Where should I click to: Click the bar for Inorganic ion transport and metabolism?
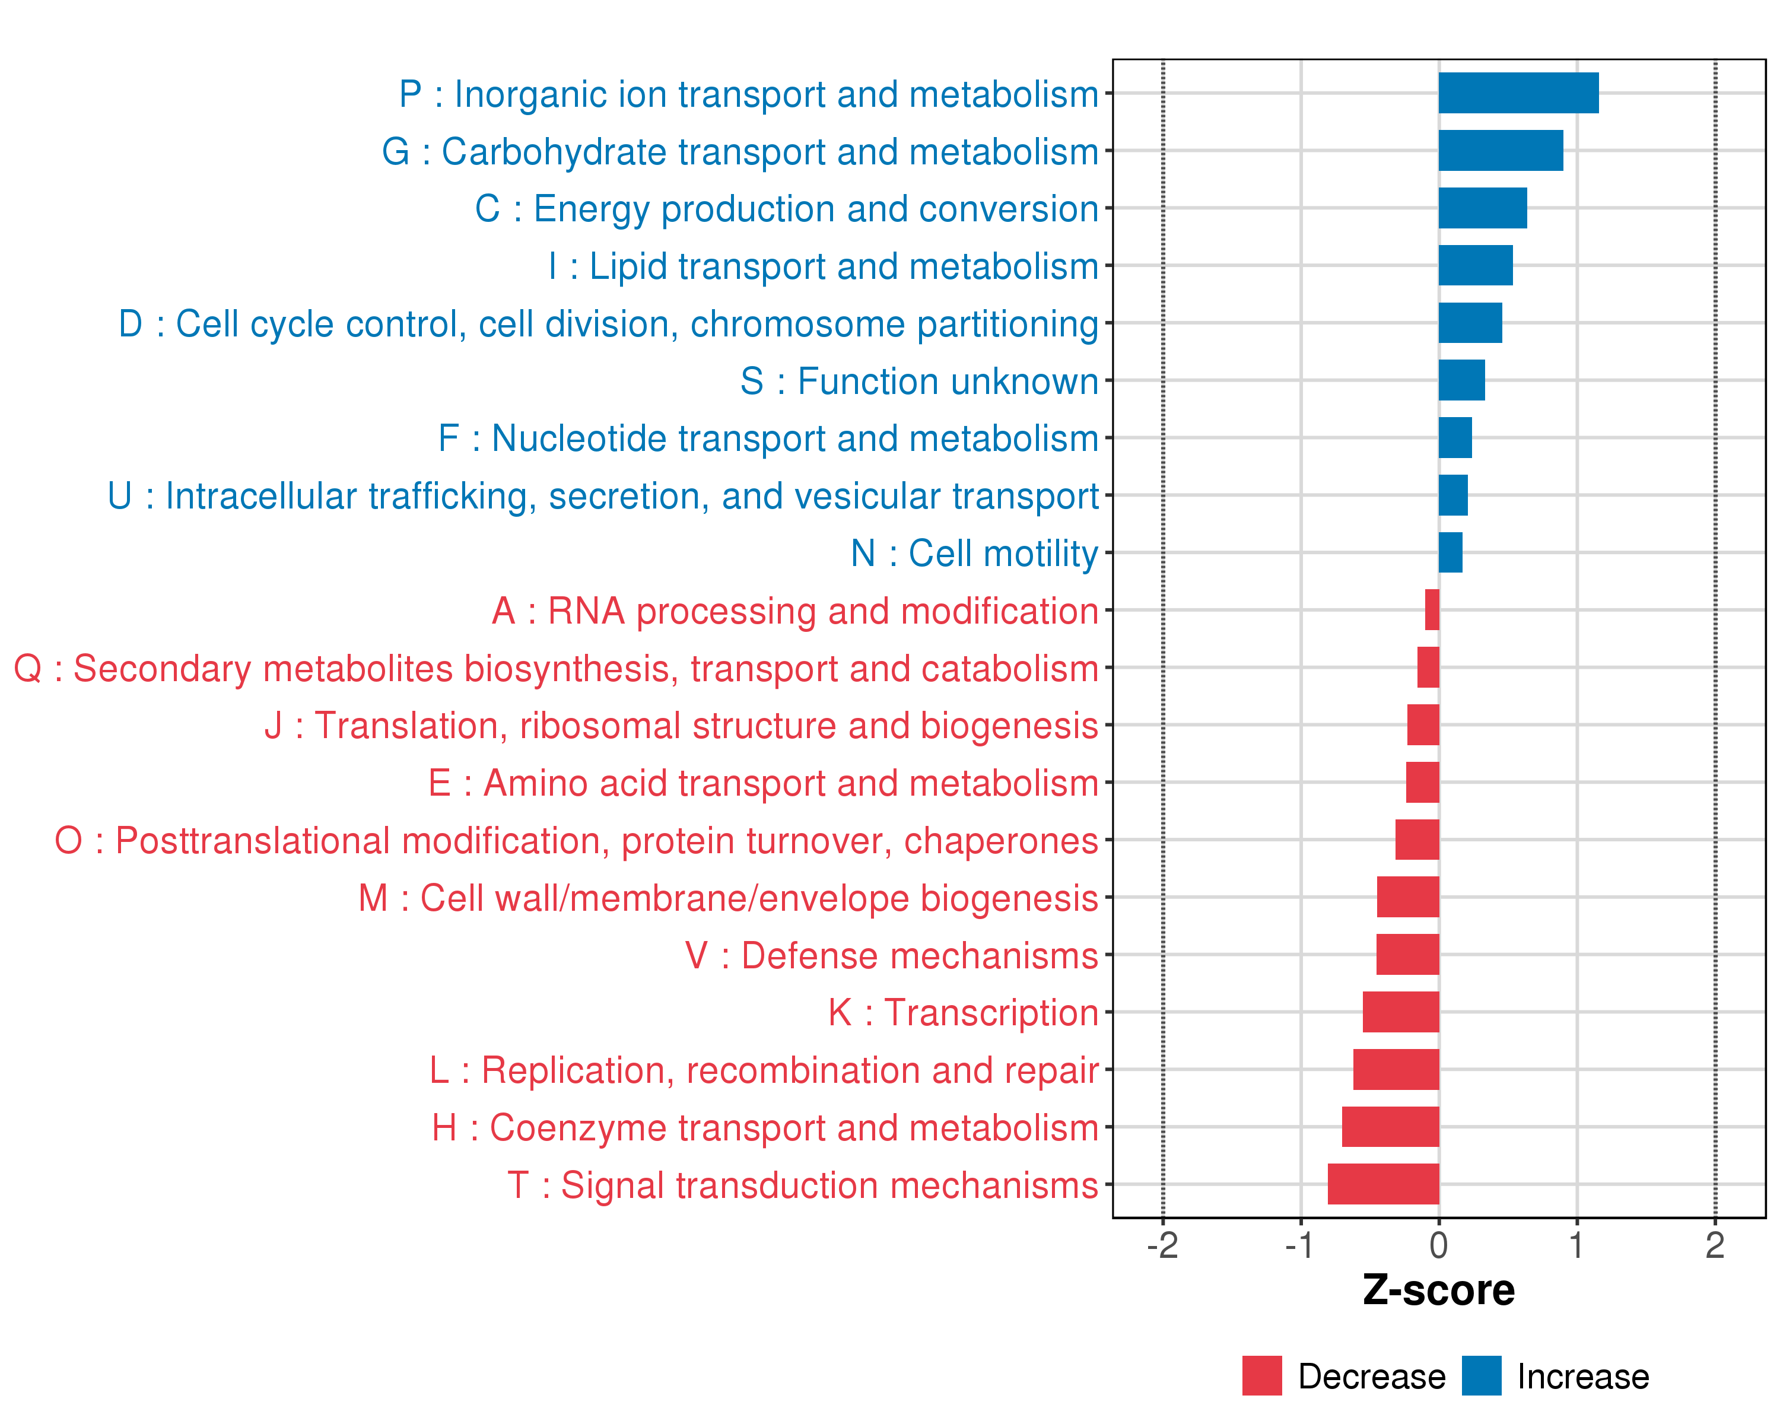pyautogui.click(x=1518, y=93)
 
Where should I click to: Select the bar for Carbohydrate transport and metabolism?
pyautogui.click(x=1500, y=150)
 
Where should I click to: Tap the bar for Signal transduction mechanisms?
pyautogui.click(x=1383, y=1184)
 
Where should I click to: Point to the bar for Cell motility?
pyautogui.click(x=1450, y=552)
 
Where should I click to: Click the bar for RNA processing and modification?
pyautogui.click(x=1432, y=610)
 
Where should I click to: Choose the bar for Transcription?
pyautogui.click(x=1400, y=1011)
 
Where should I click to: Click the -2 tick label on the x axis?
pyautogui.click(x=1162, y=1245)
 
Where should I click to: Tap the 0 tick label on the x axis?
pyautogui.click(x=1438, y=1245)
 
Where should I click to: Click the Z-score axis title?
pyautogui.click(x=1438, y=1290)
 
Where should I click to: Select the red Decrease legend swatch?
pyautogui.click(x=1261, y=1375)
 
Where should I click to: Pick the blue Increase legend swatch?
pyautogui.click(x=1481, y=1375)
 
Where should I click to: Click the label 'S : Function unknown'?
pyautogui.click(x=919, y=380)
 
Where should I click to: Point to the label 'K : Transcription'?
pyautogui.click(x=962, y=1012)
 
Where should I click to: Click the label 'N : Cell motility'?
pyautogui.click(x=974, y=553)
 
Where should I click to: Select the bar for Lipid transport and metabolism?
pyautogui.click(x=1476, y=265)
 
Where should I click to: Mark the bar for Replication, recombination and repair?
pyautogui.click(x=1396, y=1069)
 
